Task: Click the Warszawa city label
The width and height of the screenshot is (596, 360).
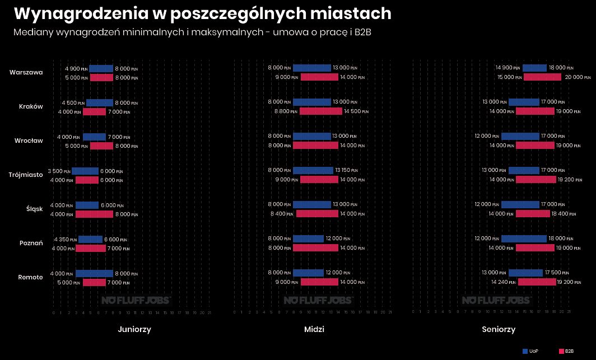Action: click(x=26, y=72)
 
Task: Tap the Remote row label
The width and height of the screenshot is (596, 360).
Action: click(x=30, y=277)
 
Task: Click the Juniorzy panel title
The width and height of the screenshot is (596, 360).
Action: click(x=134, y=329)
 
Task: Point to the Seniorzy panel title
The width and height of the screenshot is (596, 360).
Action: click(x=499, y=329)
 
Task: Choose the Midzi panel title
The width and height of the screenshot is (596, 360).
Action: click(x=314, y=329)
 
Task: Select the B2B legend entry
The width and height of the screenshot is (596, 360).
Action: click(x=566, y=351)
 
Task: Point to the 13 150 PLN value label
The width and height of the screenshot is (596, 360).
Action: click(x=346, y=170)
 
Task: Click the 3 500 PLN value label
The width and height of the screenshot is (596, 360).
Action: click(x=59, y=171)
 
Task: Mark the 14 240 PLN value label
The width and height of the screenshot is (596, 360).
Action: click(x=503, y=282)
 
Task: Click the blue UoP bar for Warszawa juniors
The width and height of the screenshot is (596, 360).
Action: click(x=101, y=68)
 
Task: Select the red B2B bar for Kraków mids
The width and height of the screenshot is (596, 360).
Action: click(x=320, y=111)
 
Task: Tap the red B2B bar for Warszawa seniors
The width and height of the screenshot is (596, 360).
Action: click(x=542, y=77)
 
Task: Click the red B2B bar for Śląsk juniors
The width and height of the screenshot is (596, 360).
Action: click(x=94, y=214)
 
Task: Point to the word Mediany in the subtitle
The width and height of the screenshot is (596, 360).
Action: click(x=32, y=32)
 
